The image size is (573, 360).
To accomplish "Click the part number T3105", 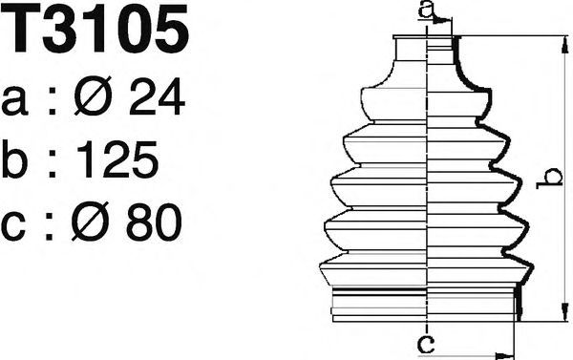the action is (x=95, y=28).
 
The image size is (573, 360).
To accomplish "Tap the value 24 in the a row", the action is (x=157, y=96).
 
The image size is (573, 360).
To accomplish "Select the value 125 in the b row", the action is (x=117, y=159).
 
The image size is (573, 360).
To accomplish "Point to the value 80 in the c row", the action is (x=154, y=222).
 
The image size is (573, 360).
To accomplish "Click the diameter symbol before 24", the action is (x=93, y=95).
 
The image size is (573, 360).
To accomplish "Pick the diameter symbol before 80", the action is (x=91, y=222).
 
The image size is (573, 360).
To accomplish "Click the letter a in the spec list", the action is (x=14, y=101).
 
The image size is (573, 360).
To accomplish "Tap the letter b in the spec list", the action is (x=14, y=159).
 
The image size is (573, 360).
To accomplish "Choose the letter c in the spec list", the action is (x=13, y=226).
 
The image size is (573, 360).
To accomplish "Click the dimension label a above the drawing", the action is (x=427, y=11).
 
